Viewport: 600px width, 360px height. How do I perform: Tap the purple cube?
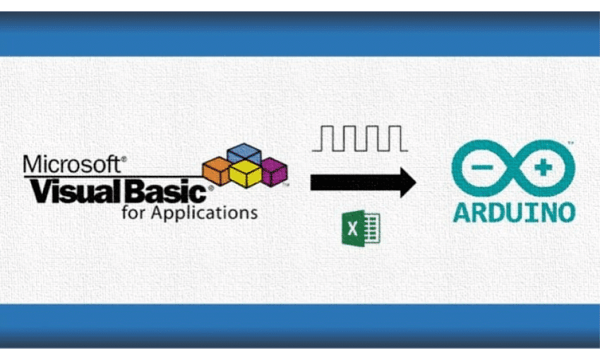273,169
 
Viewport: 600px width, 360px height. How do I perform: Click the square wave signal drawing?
359,138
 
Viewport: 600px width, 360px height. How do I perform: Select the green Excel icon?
361,229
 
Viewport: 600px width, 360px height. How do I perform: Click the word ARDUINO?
514,212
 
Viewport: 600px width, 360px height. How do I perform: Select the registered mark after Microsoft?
124,160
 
